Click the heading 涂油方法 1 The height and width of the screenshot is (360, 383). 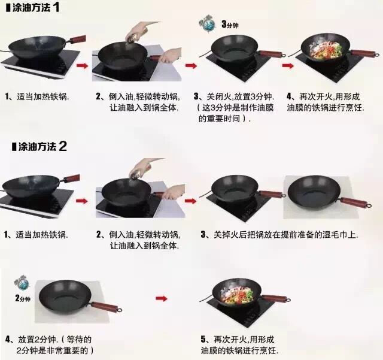pyautogui.click(x=32, y=7)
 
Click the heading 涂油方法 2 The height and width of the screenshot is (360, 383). pyautogui.click(x=39, y=147)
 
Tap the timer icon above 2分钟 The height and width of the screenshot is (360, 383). pyautogui.click(x=22, y=283)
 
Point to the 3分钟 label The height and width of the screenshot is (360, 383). pyautogui.click(x=230, y=24)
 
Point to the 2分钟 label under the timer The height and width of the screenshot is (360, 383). pyautogui.click(x=23, y=298)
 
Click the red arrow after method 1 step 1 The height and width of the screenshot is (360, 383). pyautogui.click(x=82, y=65)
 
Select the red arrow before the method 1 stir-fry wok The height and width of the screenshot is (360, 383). pyautogui.click(x=288, y=65)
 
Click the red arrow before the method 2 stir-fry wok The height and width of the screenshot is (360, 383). pyautogui.click(x=162, y=298)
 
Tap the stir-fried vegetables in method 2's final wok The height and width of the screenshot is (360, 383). pyautogui.click(x=237, y=294)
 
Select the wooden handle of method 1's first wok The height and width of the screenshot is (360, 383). pyautogui.click(x=78, y=39)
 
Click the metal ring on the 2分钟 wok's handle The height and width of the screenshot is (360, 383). pyautogui.click(x=120, y=310)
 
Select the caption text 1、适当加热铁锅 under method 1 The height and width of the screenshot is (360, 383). pyautogui.click(x=37, y=96)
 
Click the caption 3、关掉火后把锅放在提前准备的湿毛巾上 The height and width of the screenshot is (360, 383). pyautogui.click(x=279, y=235)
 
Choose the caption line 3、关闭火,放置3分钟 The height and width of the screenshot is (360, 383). pyautogui.click(x=234, y=96)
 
